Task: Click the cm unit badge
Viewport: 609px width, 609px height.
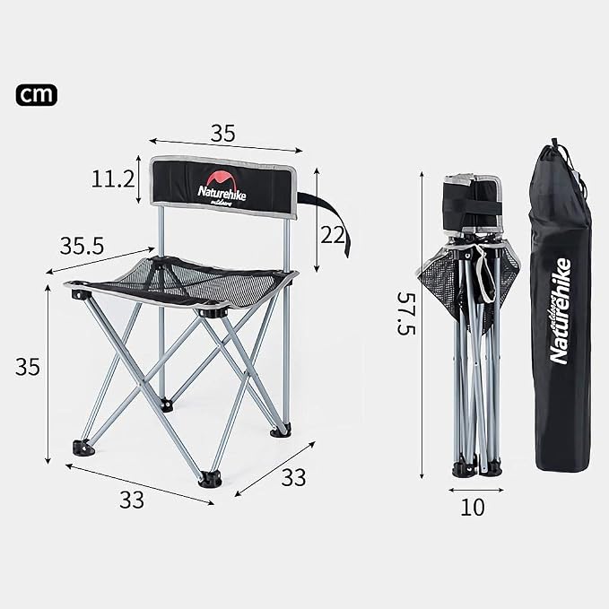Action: [x=37, y=95]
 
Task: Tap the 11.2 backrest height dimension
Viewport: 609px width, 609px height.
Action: [x=113, y=179]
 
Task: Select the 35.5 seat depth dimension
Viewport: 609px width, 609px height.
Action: [x=82, y=246]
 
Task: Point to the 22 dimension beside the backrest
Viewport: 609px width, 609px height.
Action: [x=333, y=235]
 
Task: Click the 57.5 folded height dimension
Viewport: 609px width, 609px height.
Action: [x=406, y=313]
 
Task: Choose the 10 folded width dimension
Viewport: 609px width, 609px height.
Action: [x=473, y=507]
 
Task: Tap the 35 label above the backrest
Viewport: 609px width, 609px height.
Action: [x=223, y=134]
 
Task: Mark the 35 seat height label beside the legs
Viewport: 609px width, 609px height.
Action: [x=28, y=367]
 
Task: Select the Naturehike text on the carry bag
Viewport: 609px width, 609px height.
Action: [x=560, y=310]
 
